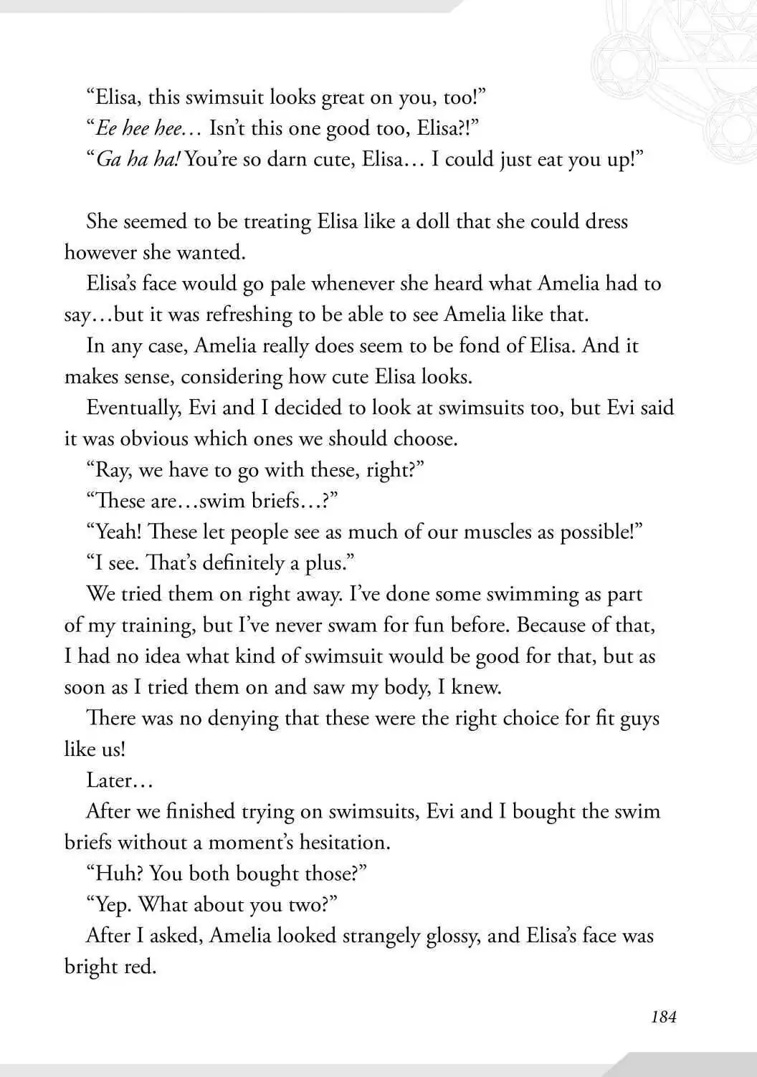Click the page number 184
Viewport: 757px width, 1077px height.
663,1016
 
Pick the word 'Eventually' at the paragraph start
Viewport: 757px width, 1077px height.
133,408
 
